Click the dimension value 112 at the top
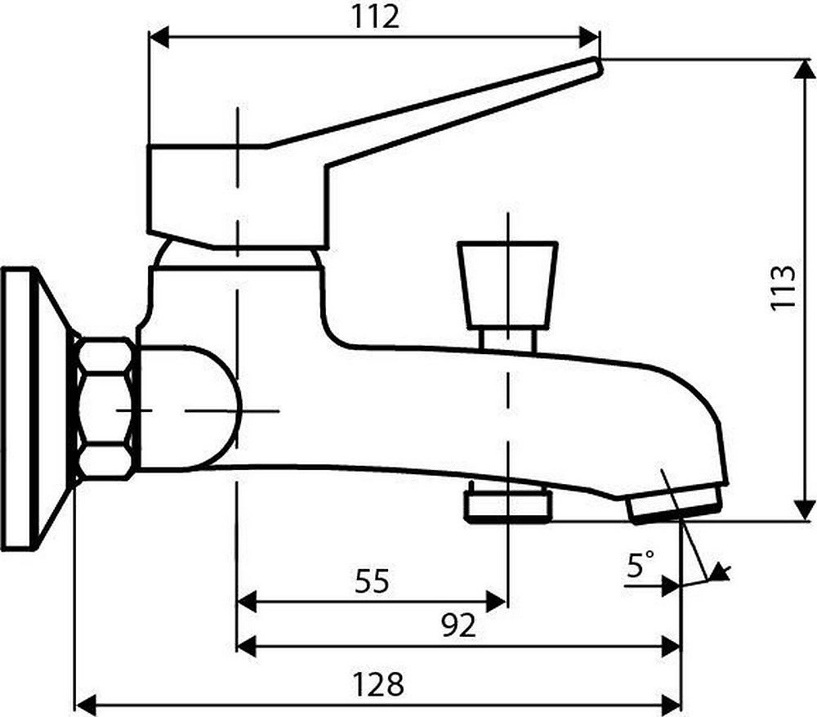tap(377, 16)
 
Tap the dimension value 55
tap(373, 581)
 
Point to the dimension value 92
tap(458, 625)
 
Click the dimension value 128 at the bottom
tap(377, 683)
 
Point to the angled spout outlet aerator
tap(676, 503)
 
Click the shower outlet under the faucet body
tap(507, 502)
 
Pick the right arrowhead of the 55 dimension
tap(498, 603)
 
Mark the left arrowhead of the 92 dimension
tap(246, 645)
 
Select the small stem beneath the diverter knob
tap(507, 338)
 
